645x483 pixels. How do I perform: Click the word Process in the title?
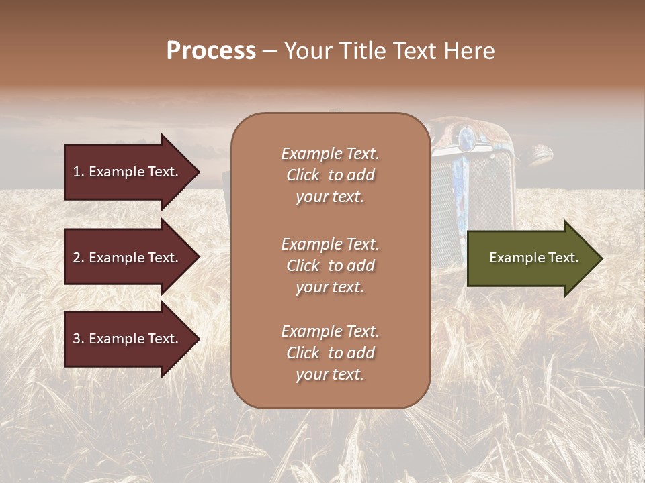tap(211, 51)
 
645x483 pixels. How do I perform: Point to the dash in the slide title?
tap(270, 52)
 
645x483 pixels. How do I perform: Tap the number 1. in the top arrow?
tap(79, 172)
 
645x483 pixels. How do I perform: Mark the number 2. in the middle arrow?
tap(79, 258)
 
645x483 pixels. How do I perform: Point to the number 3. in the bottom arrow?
tap(79, 339)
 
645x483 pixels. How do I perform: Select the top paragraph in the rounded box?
tap(330, 175)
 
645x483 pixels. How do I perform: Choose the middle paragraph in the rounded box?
tap(330, 266)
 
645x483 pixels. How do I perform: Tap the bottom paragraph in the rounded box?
tap(330, 353)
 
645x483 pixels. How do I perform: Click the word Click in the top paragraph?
tap(303, 175)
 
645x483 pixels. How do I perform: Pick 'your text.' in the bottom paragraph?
tap(330, 374)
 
